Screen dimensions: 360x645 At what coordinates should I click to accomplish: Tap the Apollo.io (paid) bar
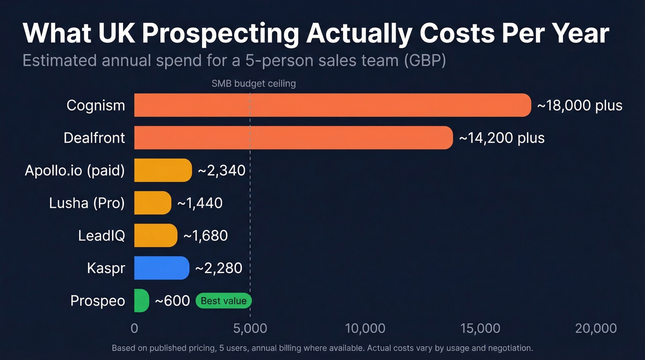tap(163, 171)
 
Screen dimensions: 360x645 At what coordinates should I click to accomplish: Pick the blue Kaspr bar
tap(162, 268)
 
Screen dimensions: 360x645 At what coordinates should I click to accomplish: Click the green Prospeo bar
tap(141, 301)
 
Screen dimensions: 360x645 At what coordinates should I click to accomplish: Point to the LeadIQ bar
tap(156, 236)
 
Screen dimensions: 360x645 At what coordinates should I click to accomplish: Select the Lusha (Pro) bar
tap(152, 203)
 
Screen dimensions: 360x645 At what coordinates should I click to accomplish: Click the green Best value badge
tap(224, 301)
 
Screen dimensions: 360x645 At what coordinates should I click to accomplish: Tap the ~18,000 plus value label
tap(580, 105)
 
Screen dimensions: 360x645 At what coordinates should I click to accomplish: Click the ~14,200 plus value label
tap(501, 138)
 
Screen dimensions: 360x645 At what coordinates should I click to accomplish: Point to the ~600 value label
tap(172, 301)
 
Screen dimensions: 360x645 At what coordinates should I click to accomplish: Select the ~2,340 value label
tap(221, 171)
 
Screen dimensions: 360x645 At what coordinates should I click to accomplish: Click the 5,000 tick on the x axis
tap(250, 328)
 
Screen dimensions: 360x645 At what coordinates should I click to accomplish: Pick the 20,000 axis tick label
tap(596, 328)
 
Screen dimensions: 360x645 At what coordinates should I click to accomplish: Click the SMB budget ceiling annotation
tap(253, 83)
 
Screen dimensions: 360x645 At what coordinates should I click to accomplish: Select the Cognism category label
tap(96, 106)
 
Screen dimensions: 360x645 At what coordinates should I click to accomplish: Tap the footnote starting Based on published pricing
tap(322, 348)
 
